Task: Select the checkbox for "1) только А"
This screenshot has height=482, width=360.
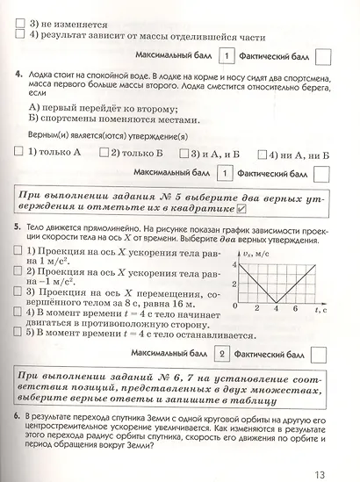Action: pyautogui.click(x=22, y=152)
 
